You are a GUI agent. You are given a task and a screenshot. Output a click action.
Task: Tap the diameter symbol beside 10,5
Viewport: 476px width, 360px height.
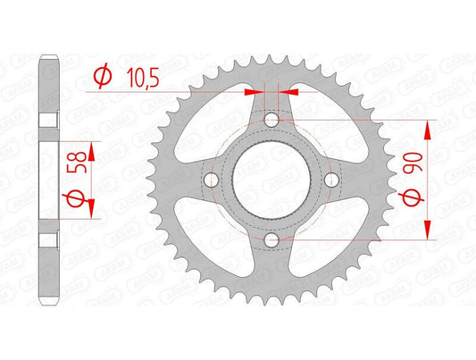pyautogui.click(x=101, y=79)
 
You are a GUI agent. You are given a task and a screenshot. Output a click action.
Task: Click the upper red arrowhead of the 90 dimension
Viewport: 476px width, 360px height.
pyautogui.click(x=430, y=128)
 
